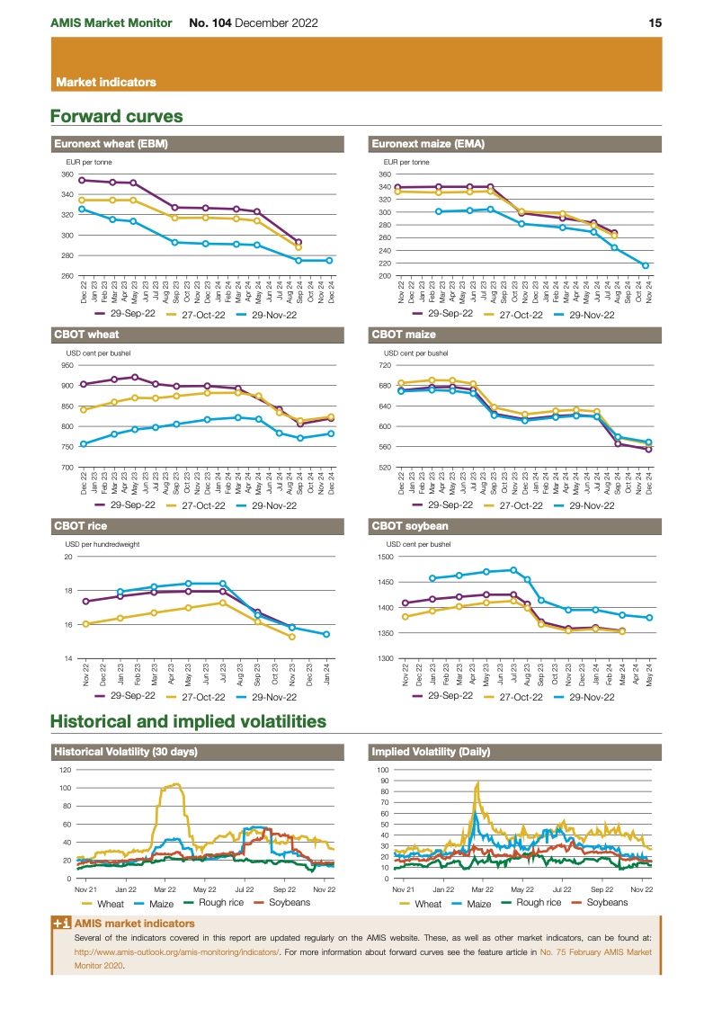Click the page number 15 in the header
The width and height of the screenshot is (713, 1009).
655,22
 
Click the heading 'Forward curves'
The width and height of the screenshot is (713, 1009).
117,116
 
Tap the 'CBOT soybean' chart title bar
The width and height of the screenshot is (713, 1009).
410,526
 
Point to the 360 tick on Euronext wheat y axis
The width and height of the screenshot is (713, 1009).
67,174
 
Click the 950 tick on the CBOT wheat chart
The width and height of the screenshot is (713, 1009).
67,365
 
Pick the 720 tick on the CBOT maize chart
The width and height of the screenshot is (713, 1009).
385,365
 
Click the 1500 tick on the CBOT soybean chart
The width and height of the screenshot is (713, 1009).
384,557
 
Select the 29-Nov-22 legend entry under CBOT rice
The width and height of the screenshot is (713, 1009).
274,695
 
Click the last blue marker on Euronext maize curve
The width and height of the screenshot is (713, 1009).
646,265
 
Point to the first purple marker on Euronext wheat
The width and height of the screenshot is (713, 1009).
82,181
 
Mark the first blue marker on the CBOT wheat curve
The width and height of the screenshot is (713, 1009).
84,443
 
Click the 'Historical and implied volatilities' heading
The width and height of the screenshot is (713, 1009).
188,721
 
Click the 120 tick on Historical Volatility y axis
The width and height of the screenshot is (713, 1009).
66,770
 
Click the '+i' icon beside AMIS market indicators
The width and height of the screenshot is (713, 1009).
61,924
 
